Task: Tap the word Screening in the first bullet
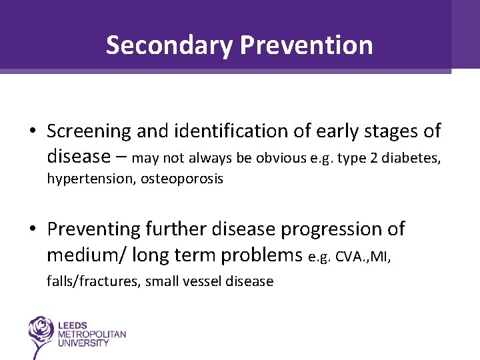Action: (89, 131)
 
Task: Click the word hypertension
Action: (91, 179)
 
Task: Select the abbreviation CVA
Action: (347, 257)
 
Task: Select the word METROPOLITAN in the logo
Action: (92, 333)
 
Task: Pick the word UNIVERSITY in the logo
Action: (84, 343)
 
